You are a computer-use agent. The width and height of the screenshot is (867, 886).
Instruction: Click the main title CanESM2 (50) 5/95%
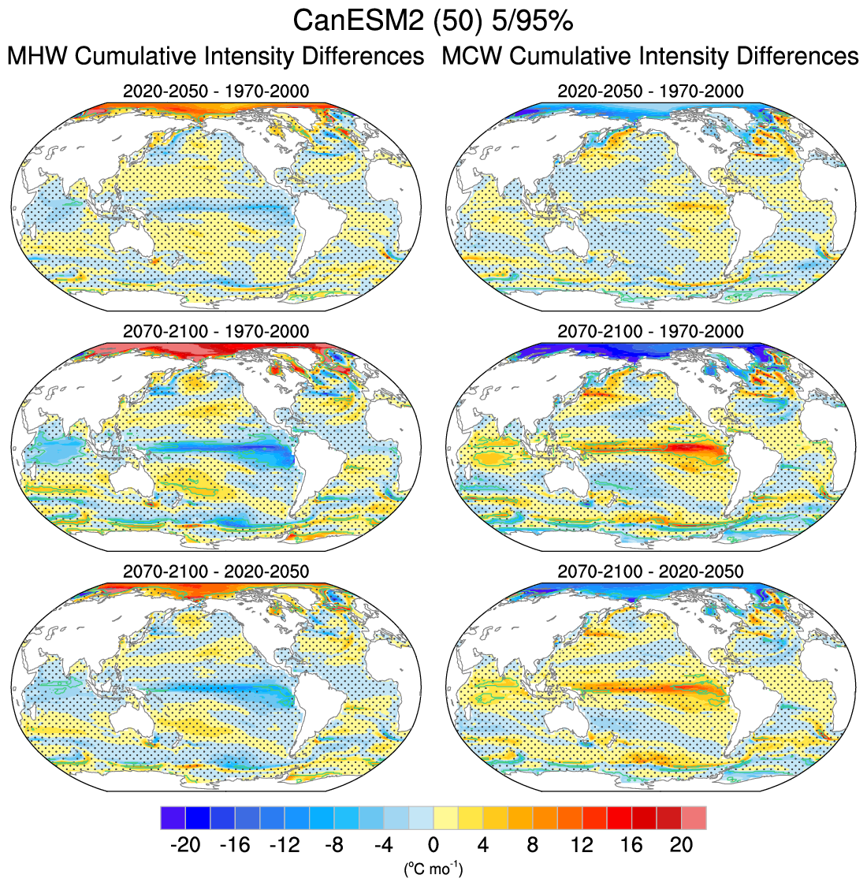433,21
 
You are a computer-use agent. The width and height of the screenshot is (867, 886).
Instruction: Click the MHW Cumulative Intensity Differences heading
215,57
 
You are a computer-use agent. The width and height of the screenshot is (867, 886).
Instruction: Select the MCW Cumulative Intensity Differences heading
650,57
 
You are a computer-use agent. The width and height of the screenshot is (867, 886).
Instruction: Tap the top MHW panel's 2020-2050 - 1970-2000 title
216,91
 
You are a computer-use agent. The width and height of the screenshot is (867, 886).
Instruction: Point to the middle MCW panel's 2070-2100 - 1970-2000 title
650,331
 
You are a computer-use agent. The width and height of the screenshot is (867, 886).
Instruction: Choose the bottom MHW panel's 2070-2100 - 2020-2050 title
216,571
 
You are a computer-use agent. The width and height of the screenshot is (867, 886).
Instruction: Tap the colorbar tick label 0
433,845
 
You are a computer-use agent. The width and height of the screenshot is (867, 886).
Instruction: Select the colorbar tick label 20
681,845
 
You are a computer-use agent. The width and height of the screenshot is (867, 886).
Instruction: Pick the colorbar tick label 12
582,845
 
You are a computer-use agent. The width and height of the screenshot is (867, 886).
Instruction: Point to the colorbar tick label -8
333,845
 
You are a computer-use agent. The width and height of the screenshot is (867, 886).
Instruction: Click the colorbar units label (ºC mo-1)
433,869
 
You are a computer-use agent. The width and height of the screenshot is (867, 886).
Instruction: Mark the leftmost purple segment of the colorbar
173,817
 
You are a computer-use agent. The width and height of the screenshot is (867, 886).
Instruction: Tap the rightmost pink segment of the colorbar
694,817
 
